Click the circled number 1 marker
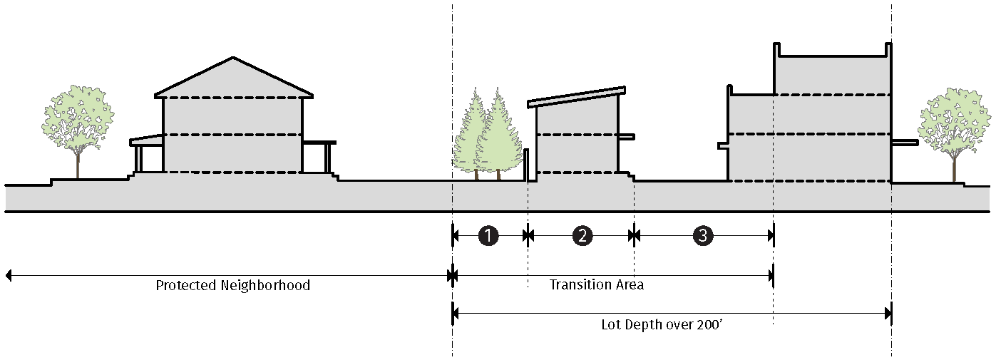point(488,235)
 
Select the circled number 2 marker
point(582,235)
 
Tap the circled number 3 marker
point(702,235)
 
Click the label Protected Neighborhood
point(233,285)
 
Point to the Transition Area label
point(597,284)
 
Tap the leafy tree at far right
point(954,121)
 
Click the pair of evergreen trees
point(488,135)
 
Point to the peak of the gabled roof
point(233,58)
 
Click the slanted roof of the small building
point(577,97)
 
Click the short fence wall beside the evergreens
point(526,165)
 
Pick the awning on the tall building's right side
point(905,143)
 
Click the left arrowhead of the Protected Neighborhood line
point(9,275)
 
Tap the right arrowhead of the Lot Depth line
point(888,312)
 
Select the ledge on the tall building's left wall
point(722,145)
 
